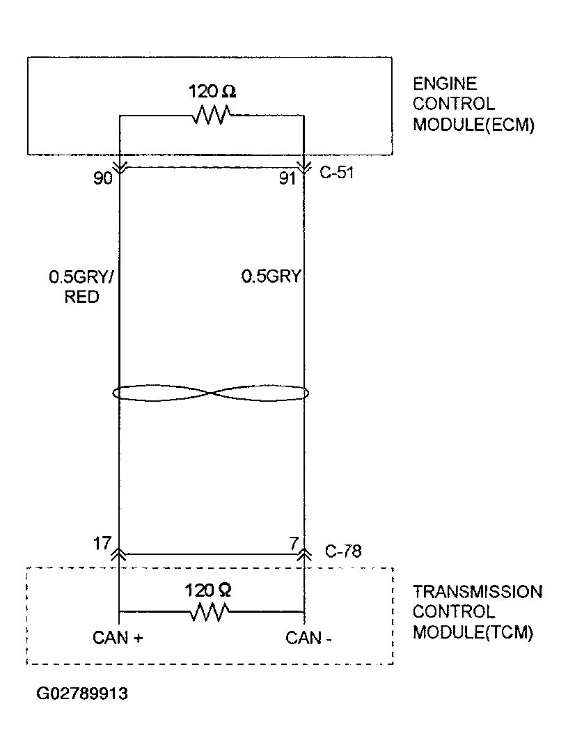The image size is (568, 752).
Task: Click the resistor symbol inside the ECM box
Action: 211,116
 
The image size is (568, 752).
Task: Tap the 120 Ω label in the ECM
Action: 212,92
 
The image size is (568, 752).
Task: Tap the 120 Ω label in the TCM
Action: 207,590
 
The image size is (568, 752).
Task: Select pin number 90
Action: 103,179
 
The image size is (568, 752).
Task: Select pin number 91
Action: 287,179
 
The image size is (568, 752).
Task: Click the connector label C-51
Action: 337,173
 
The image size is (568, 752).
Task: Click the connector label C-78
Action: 343,551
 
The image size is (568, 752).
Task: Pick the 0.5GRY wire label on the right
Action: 271,277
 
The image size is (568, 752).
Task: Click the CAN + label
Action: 118,637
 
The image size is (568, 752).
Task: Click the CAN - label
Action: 304,637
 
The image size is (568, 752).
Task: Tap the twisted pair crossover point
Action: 211,393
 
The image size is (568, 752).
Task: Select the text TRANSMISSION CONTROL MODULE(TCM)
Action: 477,612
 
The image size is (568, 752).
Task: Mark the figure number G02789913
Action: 83,694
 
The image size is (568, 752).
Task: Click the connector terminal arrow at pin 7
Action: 304,553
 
